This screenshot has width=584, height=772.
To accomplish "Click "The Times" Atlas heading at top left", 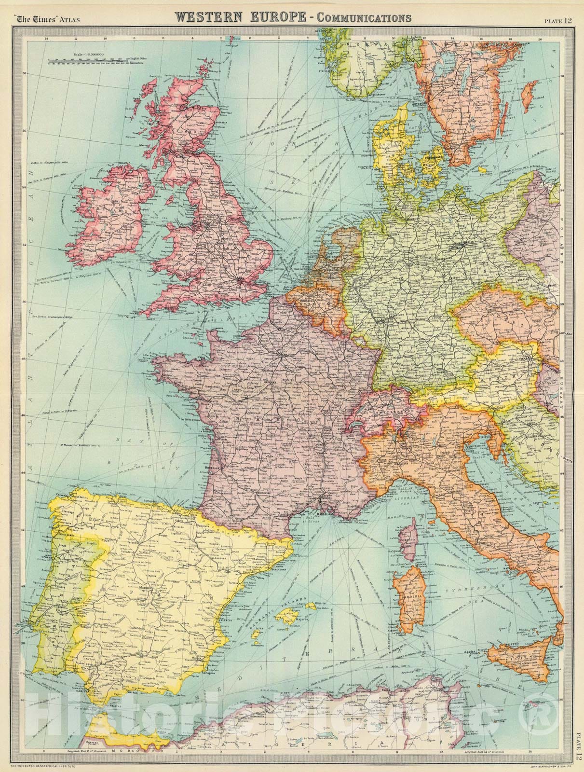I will [x=53, y=20].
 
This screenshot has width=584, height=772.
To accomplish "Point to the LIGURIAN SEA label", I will [x=424, y=492].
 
